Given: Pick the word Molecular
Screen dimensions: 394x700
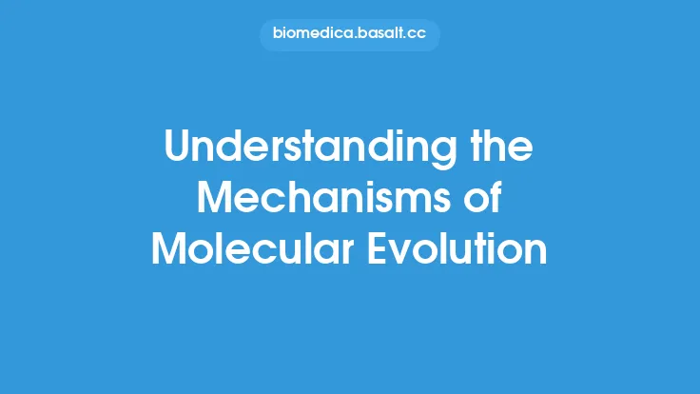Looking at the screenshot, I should [252, 249].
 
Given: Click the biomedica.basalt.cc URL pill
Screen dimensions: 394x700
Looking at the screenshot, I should [349, 35].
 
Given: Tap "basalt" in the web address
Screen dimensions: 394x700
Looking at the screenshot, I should [379, 35].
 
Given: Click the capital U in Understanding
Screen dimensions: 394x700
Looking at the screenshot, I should [178, 149].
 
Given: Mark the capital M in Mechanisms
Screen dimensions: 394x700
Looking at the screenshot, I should [224, 200].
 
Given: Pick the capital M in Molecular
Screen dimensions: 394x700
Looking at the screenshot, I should [171, 249].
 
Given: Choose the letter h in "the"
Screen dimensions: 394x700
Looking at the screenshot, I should [501, 149].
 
